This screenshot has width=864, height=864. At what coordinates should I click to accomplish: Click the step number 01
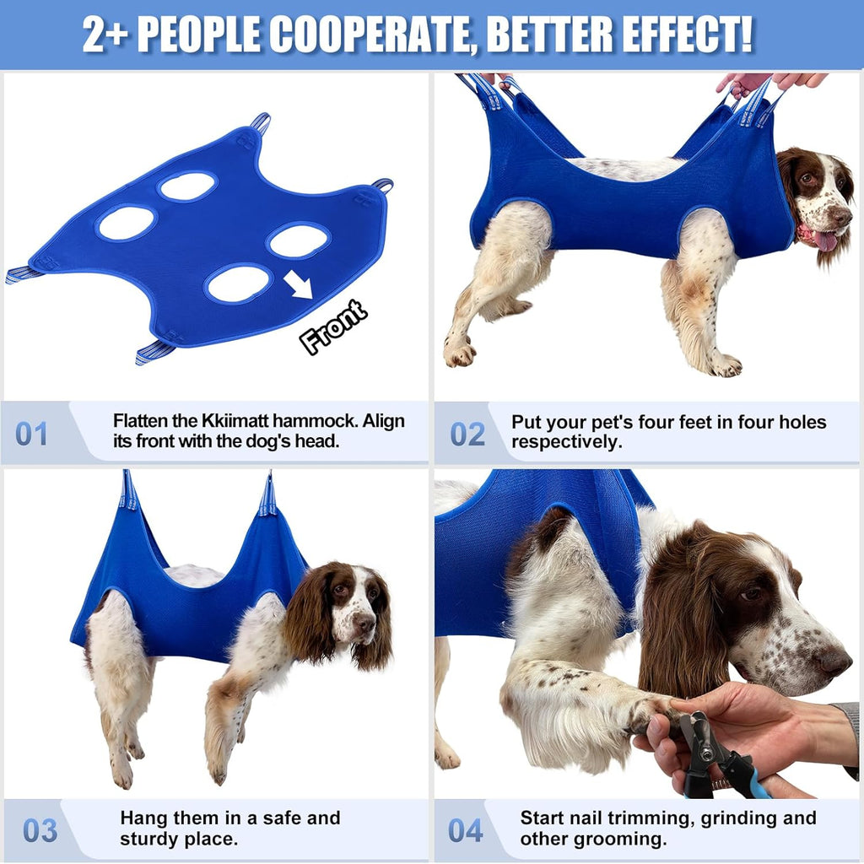click(32, 434)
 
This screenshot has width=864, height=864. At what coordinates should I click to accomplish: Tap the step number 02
click(467, 434)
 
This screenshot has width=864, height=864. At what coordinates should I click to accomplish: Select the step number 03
click(40, 829)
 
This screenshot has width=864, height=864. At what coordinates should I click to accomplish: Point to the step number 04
click(465, 829)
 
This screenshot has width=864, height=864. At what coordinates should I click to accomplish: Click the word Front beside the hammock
click(334, 327)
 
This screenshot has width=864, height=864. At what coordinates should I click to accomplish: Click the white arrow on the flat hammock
click(297, 284)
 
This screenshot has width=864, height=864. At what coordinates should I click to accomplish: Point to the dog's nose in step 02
click(842, 216)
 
